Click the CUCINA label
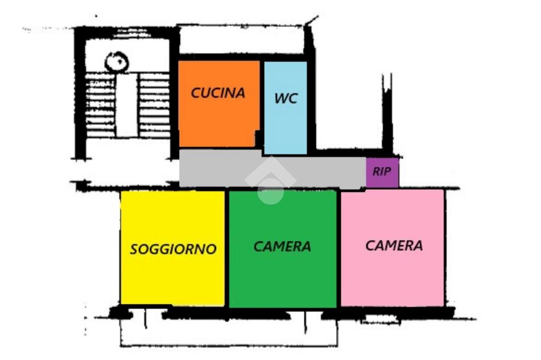click(x=218, y=93)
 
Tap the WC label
click(x=285, y=98)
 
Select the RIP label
click(x=382, y=172)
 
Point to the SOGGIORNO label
click(x=173, y=249)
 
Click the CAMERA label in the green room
click(x=282, y=246)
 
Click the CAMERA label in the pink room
click(x=394, y=245)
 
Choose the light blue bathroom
click(x=285, y=127)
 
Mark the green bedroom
click(x=282, y=275)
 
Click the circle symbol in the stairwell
click(x=116, y=62)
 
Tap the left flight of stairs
click(x=100, y=106)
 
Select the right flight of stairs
click(x=154, y=106)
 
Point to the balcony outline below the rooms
click(x=227, y=333)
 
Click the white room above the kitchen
click(x=241, y=40)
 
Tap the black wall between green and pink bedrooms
click(x=338, y=248)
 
